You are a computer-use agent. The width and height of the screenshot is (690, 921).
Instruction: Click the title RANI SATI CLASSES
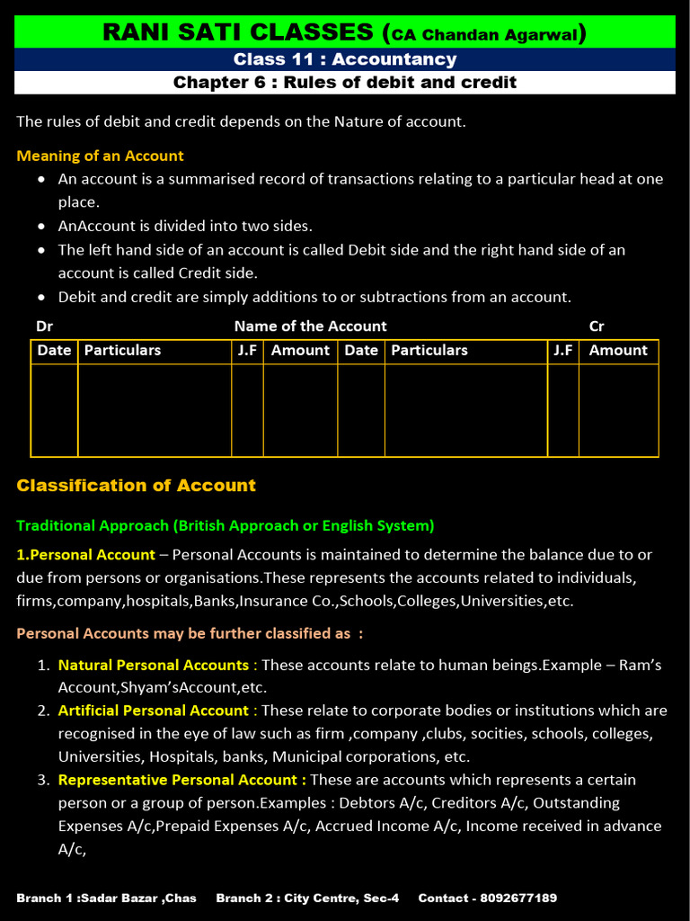tap(237, 32)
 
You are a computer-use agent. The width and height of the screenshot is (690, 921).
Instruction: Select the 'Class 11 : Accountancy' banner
tap(345, 59)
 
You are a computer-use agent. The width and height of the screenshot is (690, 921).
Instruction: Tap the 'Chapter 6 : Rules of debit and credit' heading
tap(345, 83)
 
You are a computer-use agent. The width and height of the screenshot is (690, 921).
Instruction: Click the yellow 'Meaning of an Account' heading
tap(100, 156)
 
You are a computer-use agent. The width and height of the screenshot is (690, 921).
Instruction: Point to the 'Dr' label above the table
tap(44, 326)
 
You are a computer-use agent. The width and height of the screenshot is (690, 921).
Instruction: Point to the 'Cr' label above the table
tap(597, 326)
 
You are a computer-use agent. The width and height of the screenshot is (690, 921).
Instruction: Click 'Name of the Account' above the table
tap(310, 326)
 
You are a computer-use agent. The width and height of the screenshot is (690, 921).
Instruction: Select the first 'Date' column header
tap(54, 351)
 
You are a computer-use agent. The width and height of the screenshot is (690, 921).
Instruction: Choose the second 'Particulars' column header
tap(429, 351)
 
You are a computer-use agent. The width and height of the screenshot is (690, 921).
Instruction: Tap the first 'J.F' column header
tap(247, 351)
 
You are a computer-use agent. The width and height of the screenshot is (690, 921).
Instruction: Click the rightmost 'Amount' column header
tap(618, 351)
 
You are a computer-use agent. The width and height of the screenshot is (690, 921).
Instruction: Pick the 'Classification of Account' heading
tap(137, 486)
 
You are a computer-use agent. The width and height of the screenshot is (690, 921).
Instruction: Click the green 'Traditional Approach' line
tap(225, 525)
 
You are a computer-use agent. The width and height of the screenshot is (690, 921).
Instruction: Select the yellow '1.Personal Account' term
tap(86, 555)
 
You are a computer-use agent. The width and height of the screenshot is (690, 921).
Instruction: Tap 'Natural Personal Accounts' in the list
tap(154, 666)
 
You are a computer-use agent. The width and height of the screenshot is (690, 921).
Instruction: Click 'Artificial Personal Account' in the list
tap(154, 711)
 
